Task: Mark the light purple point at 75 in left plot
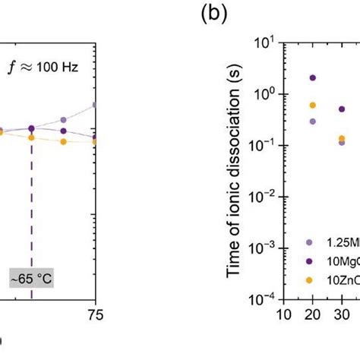click(94, 105)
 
